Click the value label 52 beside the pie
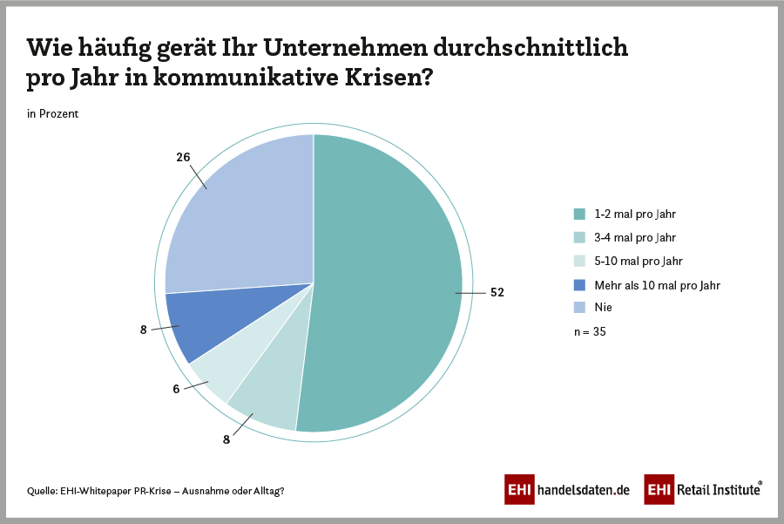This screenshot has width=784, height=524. point(497,293)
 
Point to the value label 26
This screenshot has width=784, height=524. point(183,158)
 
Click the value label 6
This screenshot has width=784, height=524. point(176,389)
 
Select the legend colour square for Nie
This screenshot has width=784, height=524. point(579,308)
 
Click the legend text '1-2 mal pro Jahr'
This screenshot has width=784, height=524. point(636,214)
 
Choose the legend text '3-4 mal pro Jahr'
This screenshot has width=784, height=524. point(636,237)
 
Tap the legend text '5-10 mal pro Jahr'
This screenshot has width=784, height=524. point(639,261)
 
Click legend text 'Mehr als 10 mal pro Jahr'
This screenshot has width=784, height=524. point(658,285)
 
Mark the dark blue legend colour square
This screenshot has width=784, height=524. point(579,285)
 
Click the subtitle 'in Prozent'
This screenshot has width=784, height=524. point(53,113)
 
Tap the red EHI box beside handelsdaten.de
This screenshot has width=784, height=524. point(520,490)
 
